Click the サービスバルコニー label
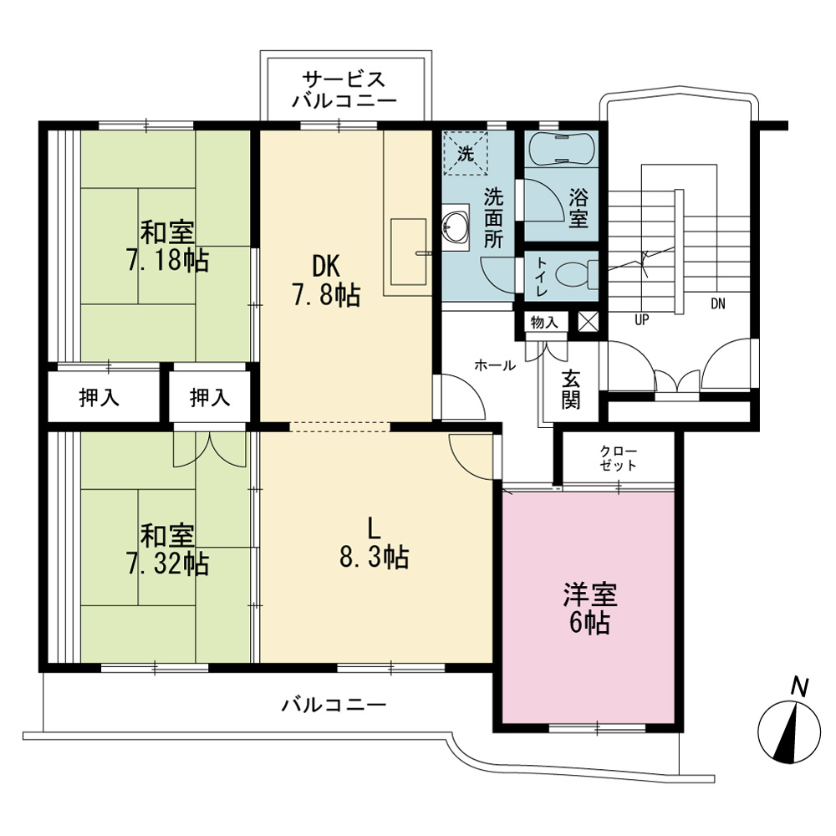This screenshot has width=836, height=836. click(x=344, y=89)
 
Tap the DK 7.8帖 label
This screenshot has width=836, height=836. click(x=326, y=280)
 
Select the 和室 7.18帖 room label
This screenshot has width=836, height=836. click(x=167, y=247)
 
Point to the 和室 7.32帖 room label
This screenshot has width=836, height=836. click(x=167, y=550)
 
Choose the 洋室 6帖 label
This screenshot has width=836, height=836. click(x=590, y=609)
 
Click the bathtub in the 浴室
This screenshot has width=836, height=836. click(x=562, y=148)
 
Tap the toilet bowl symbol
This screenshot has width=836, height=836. click(x=576, y=274)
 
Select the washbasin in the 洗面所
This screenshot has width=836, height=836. click(x=456, y=227)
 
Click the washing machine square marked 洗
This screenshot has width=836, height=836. click(x=466, y=154)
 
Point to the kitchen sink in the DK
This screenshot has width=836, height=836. click(x=409, y=252)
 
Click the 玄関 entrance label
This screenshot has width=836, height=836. click(x=570, y=390)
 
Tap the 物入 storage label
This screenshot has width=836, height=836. click(x=544, y=323)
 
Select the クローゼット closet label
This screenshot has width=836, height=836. click(x=619, y=458)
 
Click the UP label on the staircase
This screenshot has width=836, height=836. click(x=641, y=320)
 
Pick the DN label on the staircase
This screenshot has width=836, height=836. click(x=717, y=304)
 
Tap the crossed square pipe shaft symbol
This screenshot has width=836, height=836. click(x=589, y=322)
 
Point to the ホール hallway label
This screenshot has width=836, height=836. click(x=495, y=365)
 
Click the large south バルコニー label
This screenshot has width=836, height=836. click(x=334, y=705)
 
